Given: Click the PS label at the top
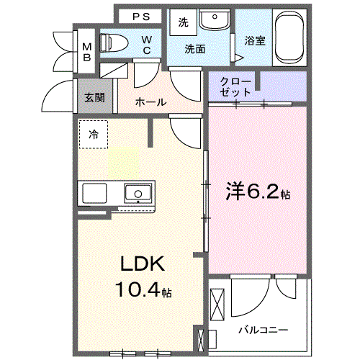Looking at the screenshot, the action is [141, 17].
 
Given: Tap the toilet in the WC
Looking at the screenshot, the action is [114, 42].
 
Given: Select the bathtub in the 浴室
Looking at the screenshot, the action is [289, 37].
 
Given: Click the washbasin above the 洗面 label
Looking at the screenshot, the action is [215, 19].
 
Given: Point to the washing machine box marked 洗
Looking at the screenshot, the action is [184, 22].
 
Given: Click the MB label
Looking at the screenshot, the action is [87, 52].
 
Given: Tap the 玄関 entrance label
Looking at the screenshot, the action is [94, 98].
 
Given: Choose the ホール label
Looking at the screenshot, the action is [150, 102].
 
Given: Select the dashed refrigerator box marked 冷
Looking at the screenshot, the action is [94, 135].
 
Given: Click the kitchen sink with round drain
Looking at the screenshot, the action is [138, 193].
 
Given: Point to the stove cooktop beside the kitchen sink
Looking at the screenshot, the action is [94, 193].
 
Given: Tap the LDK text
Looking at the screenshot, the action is [143, 264].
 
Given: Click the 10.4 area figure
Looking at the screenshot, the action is [138, 289].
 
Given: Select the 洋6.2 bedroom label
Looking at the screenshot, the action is [258, 192].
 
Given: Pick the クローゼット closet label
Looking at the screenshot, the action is [235, 87].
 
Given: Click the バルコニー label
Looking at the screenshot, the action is [264, 330].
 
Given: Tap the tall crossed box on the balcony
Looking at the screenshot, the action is [217, 305].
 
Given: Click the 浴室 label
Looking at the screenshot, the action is [255, 41].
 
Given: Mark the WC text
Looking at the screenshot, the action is [147, 45].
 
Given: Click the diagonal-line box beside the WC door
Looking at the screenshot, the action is [114, 71].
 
